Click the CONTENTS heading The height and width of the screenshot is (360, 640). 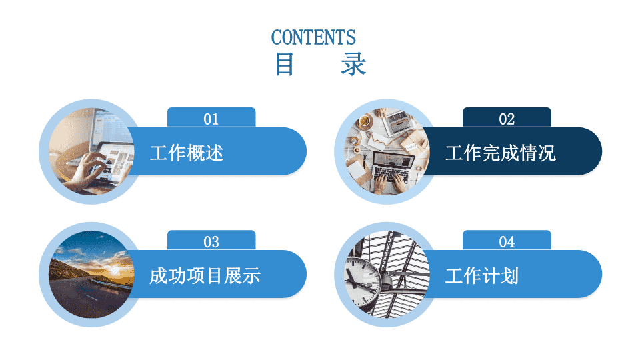point(313,37)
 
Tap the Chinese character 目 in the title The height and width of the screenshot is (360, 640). point(284,65)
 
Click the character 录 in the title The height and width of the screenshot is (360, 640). point(353,65)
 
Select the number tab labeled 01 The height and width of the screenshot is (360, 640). point(211,117)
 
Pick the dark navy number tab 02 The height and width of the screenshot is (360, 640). point(507,117)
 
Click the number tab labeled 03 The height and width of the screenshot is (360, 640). point(211,241)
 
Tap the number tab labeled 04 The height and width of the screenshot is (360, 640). point(507,241)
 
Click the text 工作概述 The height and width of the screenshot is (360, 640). point(187,153)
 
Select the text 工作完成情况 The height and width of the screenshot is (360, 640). point(501,153)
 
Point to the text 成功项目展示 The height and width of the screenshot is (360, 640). point(205,276)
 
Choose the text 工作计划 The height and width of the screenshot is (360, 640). point(481,276)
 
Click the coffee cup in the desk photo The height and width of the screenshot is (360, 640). point(364,121)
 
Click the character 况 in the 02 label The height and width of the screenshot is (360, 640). point(547,153)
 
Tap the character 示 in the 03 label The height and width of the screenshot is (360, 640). point(251,276)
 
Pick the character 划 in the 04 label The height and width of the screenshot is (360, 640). point(509,276)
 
